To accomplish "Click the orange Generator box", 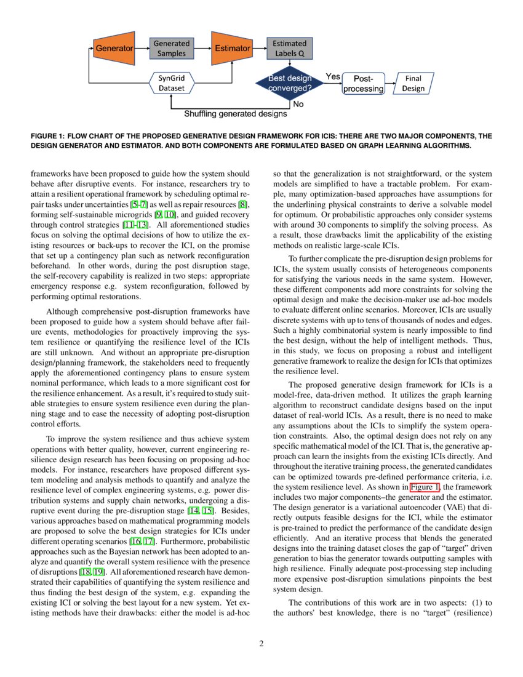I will pos(114,48).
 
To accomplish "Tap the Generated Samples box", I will pos(171,49).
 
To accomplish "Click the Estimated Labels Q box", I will pos(289,49).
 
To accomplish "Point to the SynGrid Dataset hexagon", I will pos(171,83).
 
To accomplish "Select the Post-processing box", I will pos(363,84).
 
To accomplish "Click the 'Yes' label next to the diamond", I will pos(333,76).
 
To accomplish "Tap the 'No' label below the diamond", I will pos(298,104).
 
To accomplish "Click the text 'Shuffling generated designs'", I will pos(236,114).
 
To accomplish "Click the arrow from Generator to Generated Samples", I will pos(142,48).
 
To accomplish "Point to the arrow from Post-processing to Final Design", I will pos(391,84).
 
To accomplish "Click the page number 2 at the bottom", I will pos(261,644).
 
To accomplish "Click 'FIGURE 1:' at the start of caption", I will pos(47,136).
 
